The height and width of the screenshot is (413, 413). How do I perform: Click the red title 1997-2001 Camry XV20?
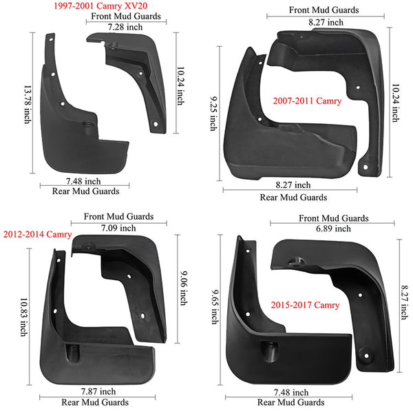tap(100, 6)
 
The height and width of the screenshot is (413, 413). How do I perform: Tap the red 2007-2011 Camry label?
tap(307, 101)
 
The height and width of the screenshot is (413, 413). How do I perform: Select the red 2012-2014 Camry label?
tap(37, 234)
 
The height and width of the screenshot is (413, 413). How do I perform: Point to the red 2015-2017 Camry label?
tap(305, 305)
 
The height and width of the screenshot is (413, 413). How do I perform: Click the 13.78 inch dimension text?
tap(28, 105)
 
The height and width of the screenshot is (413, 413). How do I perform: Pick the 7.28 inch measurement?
tap(125, 27)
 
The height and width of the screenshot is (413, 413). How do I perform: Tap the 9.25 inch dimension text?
tap(213, 114)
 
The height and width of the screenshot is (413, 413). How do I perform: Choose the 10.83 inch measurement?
tap(24, 317)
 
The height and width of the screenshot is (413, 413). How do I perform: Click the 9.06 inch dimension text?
tap(184, 288)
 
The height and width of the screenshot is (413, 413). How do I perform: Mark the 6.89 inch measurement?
tap(333, 229)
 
